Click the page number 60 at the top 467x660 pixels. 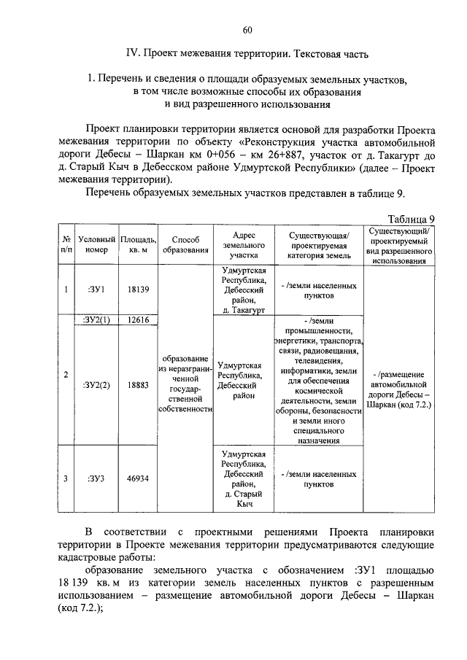[x=247, y=30]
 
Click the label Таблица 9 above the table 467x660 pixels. [x=412, y=219]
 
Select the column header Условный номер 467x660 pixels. [x=96, y=244]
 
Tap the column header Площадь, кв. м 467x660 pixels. [x=138, y=244]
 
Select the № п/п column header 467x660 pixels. [x=66, y=244]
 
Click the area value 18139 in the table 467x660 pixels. [x=138, y=290]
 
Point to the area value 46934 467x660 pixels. [x=138, y=478]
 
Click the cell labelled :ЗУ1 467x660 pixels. [x=96, y=290]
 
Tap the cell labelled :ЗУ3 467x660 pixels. [x=96, y=478]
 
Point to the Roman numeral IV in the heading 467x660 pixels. [x=132, y=53]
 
